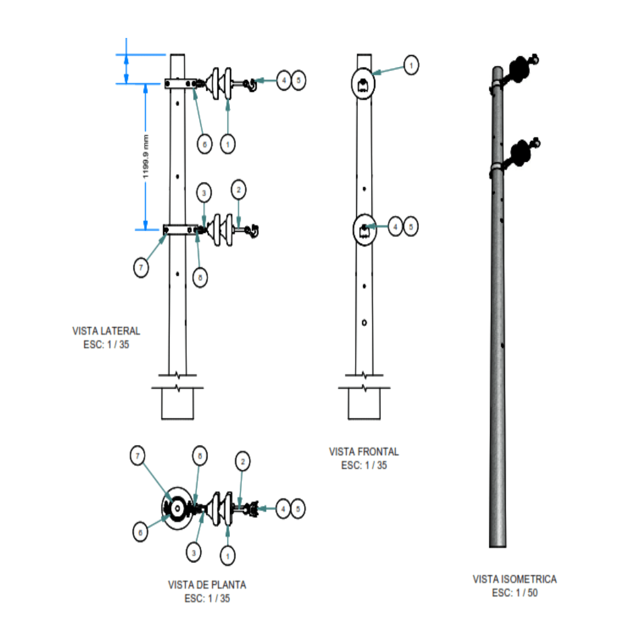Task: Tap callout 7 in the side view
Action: (x=140, y=268)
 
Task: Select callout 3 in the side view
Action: (x=203, y=193)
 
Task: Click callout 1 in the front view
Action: (x=411, y=65)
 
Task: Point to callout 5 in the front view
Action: (x=411, y=226)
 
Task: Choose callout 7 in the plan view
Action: (x=138, y=456)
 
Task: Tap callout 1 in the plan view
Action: (x=228, y=555)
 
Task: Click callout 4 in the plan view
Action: (x=284, y=508)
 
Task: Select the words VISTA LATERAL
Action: (x=106, y=331)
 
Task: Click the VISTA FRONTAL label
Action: (x=364, y=452)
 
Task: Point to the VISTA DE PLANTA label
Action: (x=207, y=585)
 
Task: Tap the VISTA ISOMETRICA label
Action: (x=514, y=579)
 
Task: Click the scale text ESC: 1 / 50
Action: (x=514, y=593)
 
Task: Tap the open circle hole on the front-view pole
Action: (x=364, y=322)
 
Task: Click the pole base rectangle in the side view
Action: (x=178, y=404)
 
